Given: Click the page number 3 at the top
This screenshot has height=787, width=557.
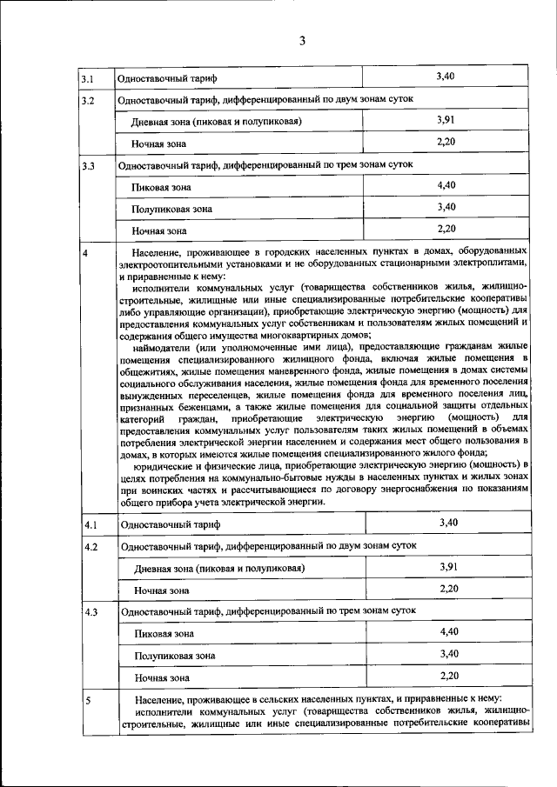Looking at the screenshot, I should (301, 41).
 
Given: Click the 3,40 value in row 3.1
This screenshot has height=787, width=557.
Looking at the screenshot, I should (444, 77).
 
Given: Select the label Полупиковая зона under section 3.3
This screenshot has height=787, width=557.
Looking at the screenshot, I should (171, 209).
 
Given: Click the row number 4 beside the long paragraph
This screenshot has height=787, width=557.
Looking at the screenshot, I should (84, 253).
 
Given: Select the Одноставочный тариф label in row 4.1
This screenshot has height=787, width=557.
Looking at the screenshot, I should (171, 524).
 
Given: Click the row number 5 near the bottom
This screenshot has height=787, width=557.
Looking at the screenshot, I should (86, 699).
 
